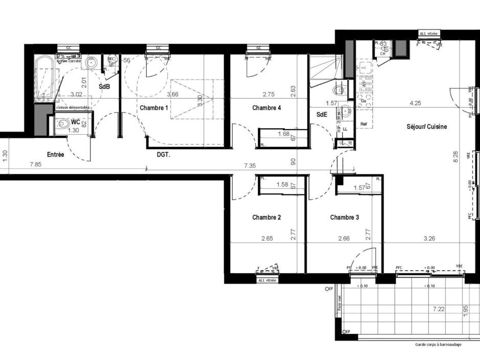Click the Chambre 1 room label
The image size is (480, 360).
154,108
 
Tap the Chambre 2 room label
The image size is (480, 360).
267,218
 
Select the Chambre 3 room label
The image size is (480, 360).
345,218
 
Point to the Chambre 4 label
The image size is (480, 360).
267,108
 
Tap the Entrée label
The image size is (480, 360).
56,155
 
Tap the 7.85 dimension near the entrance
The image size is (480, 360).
35,165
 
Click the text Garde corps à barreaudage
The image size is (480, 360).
438,345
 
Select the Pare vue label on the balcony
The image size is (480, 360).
339,305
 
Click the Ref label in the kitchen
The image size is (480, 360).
364,124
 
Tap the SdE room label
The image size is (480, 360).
321,115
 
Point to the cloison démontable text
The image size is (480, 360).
74,108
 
